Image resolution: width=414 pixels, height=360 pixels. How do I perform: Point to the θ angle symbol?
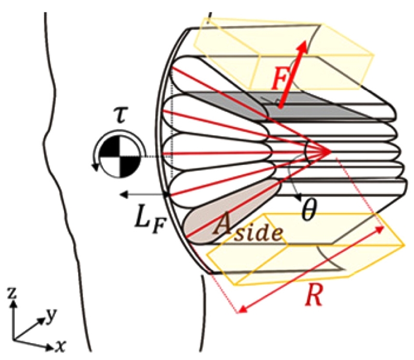[x=308, y=212]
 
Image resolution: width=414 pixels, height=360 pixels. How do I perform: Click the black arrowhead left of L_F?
[x=122, y=194]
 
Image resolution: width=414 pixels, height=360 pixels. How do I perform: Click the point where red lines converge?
[x=330, y=152]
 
